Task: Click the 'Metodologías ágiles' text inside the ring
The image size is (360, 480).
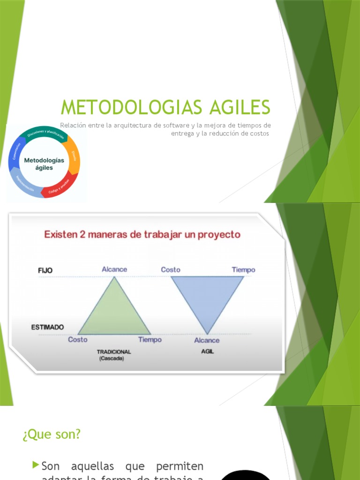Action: (x=44, y=164)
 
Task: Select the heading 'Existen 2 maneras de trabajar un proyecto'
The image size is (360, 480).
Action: (x=142, y=234)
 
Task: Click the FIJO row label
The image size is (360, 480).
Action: (x=45, y=270)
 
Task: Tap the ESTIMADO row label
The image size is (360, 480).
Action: (x=48, y=327)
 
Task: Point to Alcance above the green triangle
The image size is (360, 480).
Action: (x=114, y=269)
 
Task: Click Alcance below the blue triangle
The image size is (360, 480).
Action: (x=207, y=340)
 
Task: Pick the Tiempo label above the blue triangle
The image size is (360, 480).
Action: (x=243, y=270)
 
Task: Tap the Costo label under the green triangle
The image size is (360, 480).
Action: (x=78, y=339)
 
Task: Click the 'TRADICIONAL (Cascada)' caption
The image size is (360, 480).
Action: (x=114, y=355)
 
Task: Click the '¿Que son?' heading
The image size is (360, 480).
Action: (x=52, y=435)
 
